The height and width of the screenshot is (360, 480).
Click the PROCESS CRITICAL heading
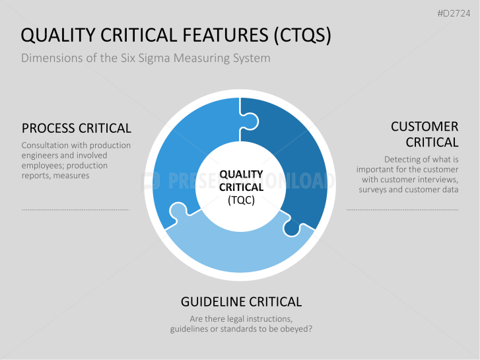click(77, 128)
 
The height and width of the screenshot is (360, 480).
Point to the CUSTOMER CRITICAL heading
click(425, 134)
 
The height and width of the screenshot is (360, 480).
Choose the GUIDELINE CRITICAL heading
click(241, 302)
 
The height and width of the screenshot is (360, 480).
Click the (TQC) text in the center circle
click(240, 199)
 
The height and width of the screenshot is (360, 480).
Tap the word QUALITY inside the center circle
click(241, 175)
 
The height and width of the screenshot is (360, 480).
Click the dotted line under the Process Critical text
click(76, 209)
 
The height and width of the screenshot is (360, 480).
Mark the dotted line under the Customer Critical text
click(403, 209)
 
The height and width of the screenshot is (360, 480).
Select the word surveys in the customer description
click(374, 190)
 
